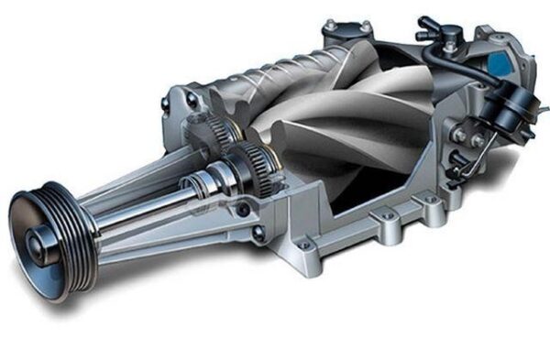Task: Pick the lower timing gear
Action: tap(261, 169)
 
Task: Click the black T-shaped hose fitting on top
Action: tap(431, 27)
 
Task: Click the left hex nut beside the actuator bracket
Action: tap(459, 135)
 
